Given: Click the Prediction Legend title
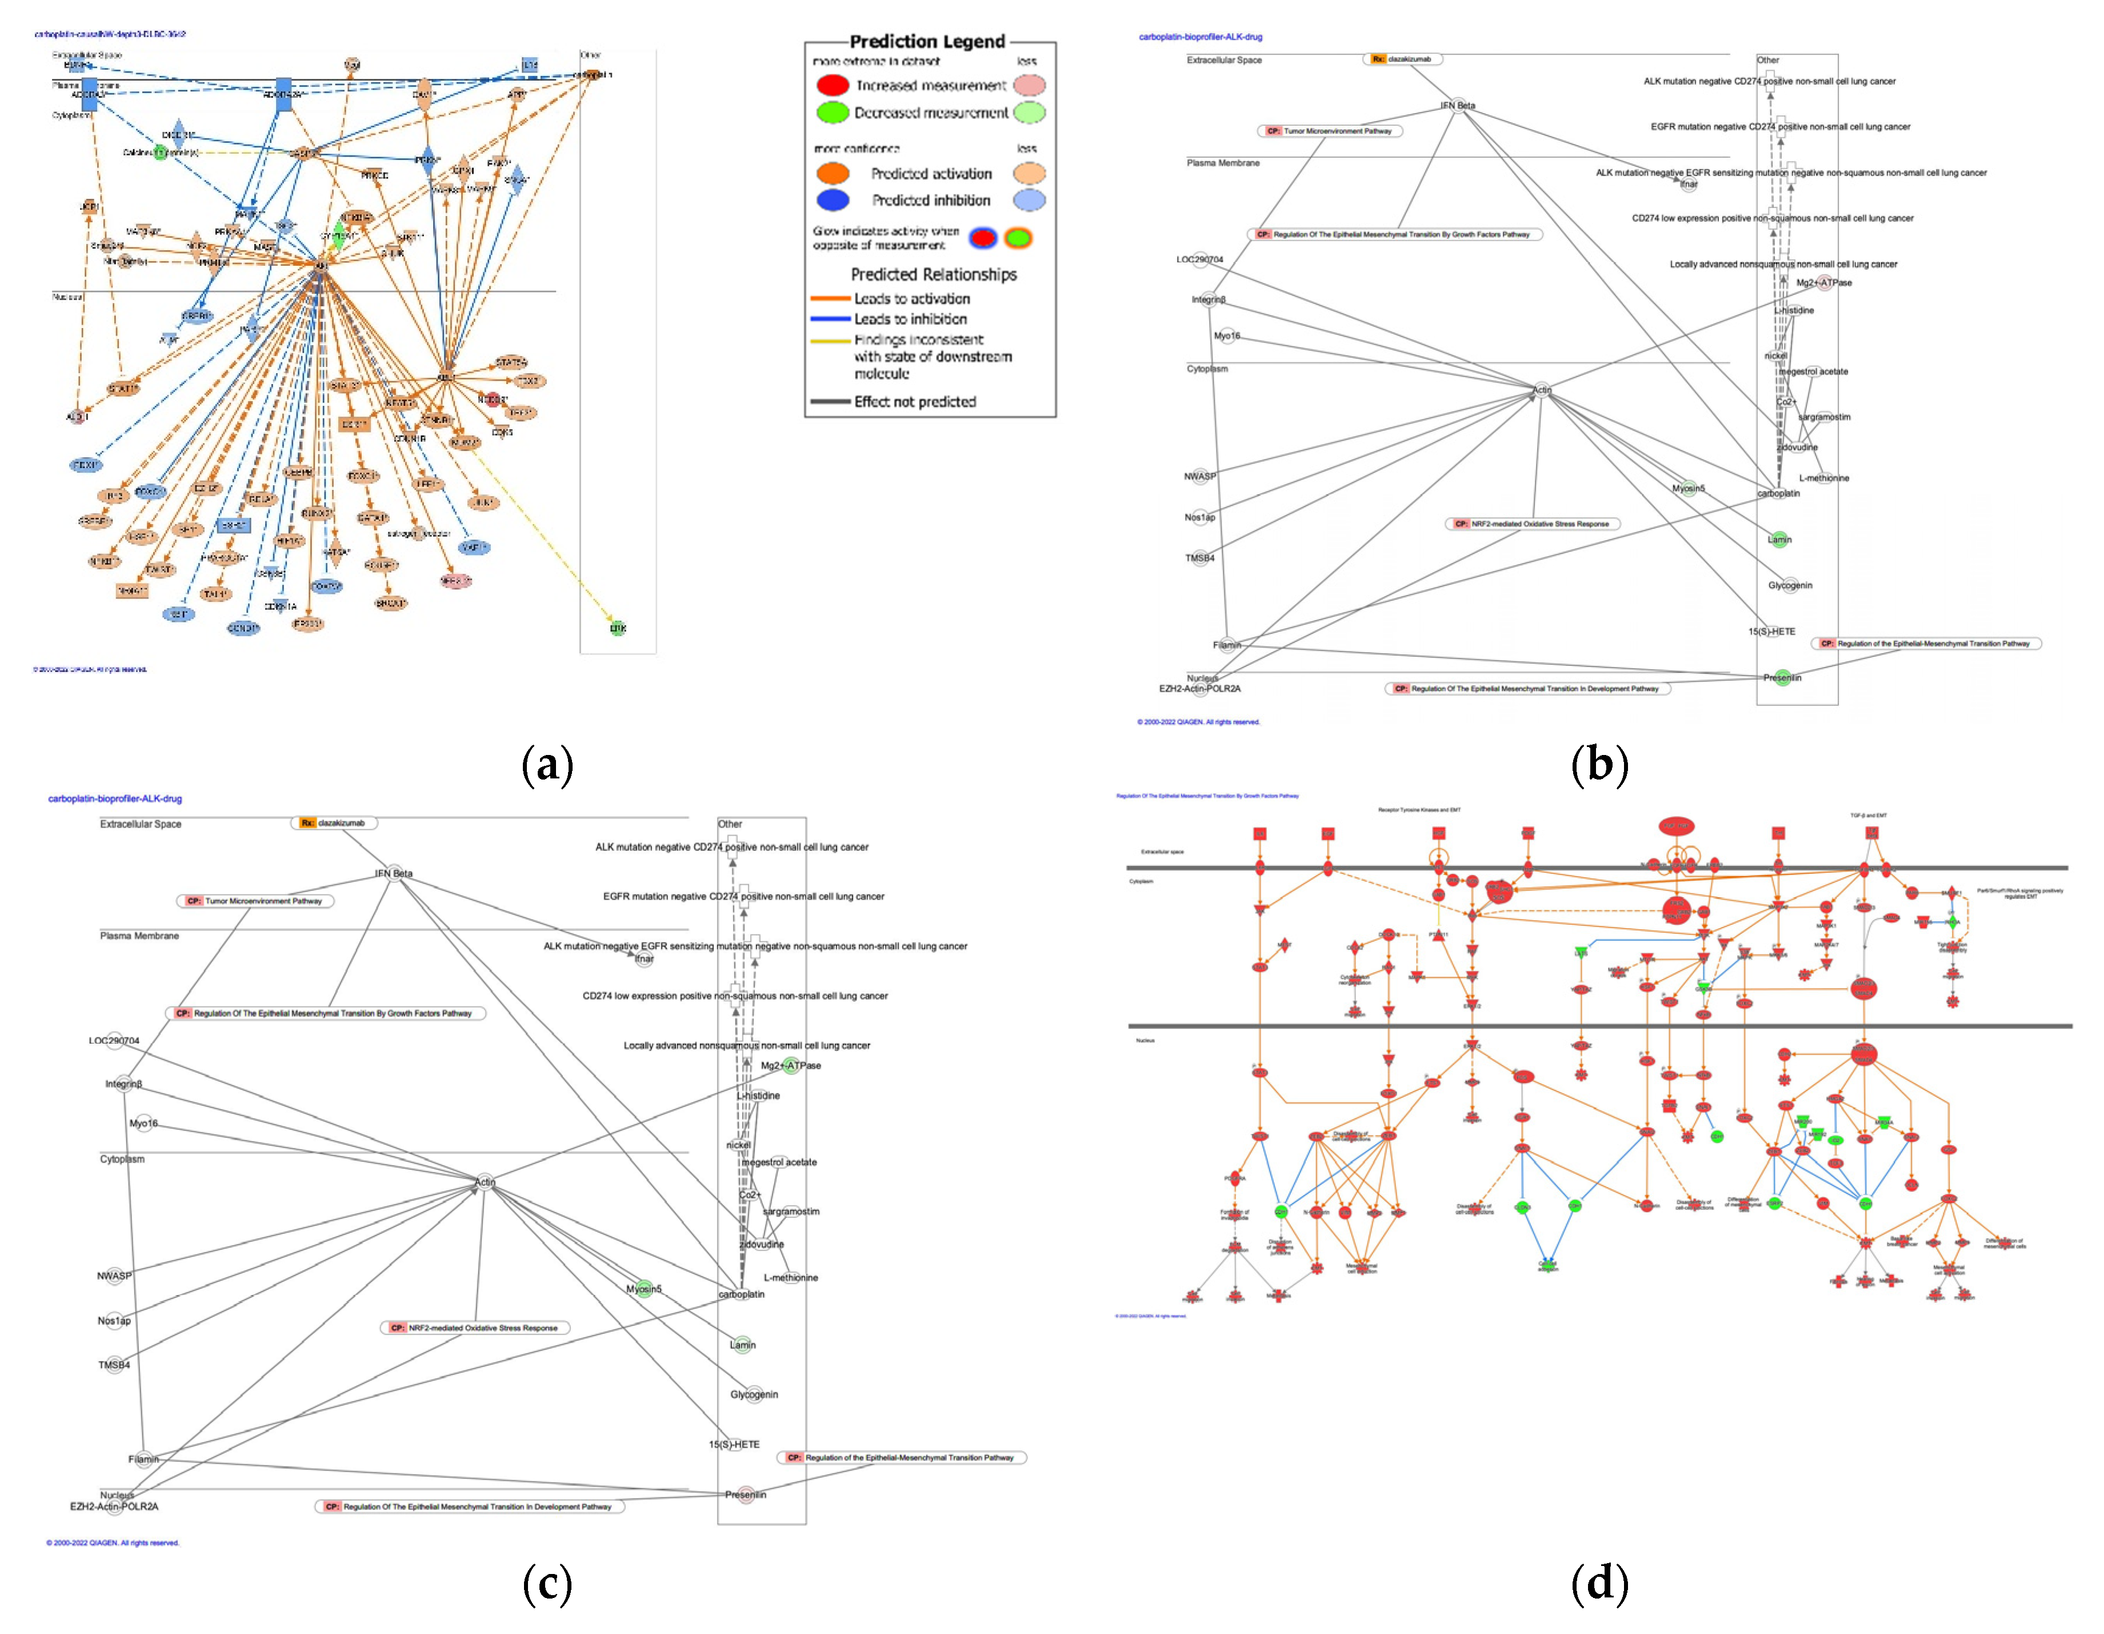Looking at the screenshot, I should point(927,41).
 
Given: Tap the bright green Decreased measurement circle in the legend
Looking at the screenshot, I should point(833,113).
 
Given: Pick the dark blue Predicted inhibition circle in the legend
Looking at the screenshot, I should point(833,201).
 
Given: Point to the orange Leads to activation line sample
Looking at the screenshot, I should point(830,299).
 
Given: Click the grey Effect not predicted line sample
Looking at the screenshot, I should point(830,402).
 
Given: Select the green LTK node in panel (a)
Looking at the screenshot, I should point(618,628).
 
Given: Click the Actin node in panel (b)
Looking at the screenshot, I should point(1541,390).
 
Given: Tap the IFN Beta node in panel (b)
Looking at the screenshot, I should point(1458,106).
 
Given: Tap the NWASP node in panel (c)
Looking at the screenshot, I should point(115,1276).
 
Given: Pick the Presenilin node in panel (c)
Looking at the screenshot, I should point(746,1495).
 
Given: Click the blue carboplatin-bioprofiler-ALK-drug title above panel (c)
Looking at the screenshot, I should point(115,798).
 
